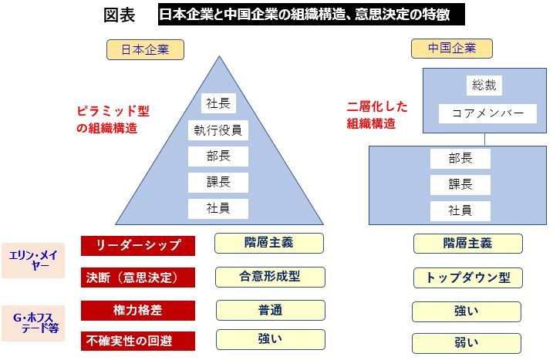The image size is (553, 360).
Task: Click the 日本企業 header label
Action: click(x=145, y=49)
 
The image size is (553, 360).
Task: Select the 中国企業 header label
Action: click(x=452, y=49)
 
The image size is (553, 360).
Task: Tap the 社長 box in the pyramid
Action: click(x=219, y=103)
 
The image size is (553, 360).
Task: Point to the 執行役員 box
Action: click(x=218, y=130)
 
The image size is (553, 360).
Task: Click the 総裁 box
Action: click(x=484, y=86)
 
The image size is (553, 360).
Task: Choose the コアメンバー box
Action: click(x=487, y=113)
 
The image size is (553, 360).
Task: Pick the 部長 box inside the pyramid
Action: click(x=218, y=156)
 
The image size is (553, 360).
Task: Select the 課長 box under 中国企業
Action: click(x=460, y=185)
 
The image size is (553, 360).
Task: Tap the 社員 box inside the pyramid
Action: click(x=218, y=209)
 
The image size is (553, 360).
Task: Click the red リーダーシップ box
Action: click(x=138, y=246)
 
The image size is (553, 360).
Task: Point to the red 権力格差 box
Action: click(x=138, y=311)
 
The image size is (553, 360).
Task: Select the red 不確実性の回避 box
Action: click(x=138, y=341)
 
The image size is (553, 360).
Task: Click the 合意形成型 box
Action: click(x=270, y=277)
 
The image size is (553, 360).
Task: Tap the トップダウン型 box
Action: click(x=468, y=278)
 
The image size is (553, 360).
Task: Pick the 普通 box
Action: click(x=271, y=311)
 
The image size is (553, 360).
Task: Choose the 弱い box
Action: click(x=467, y=344)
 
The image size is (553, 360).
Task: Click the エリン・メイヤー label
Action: click(x=33, y=261)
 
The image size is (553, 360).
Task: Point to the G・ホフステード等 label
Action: click(x=33, y=323)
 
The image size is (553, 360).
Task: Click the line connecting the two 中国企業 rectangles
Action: click(x=484, y=140)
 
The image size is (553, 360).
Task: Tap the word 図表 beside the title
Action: click(x=120, y=15)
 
